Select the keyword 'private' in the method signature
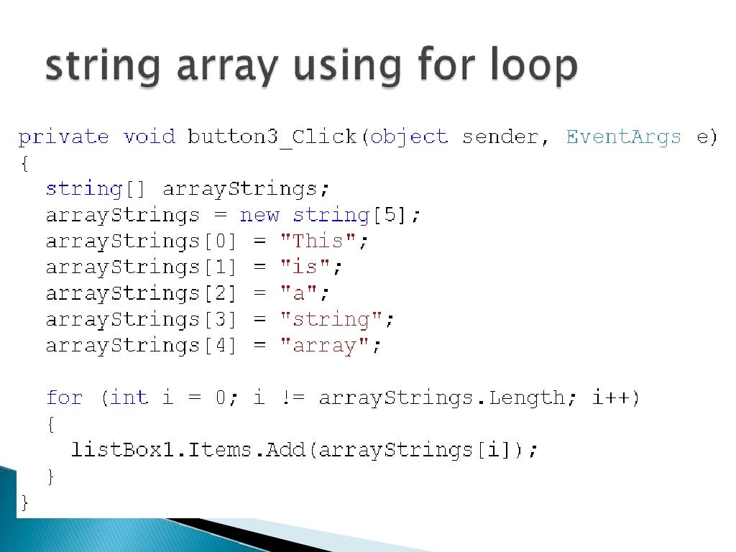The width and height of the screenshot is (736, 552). point(63,137)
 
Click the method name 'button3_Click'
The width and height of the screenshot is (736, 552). point(272,137)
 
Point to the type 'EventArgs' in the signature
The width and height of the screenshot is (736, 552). point(623,137)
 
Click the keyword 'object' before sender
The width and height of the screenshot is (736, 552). point(409,137)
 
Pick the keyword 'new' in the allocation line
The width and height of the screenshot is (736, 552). point(259,215)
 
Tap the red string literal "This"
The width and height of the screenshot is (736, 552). point(318,241)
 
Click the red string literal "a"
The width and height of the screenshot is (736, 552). point(298,293)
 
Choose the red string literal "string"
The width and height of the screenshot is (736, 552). point(331,319)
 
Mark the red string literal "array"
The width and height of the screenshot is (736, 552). point(324,346)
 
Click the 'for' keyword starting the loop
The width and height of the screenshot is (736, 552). point(64,397)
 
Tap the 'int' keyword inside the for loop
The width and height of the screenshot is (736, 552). point(129,397)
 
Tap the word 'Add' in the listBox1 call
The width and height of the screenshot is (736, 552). point(285,450)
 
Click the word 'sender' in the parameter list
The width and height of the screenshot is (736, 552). point(500,137)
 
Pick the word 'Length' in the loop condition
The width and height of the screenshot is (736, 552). point(526,397)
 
